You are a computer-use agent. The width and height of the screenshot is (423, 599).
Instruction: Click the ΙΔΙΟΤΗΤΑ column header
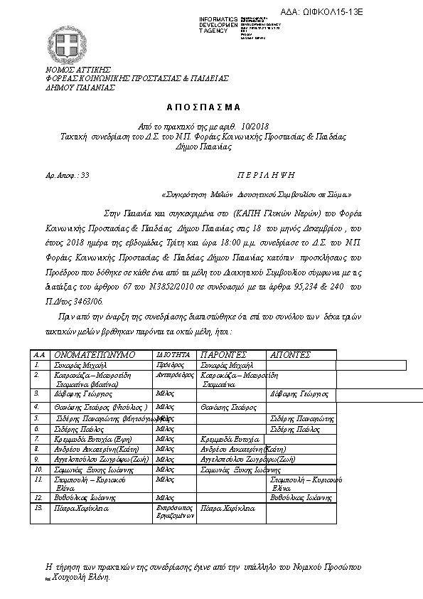click(x=173, y=354)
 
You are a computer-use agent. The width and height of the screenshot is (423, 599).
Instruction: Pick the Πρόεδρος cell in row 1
click(x=170, y=364)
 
